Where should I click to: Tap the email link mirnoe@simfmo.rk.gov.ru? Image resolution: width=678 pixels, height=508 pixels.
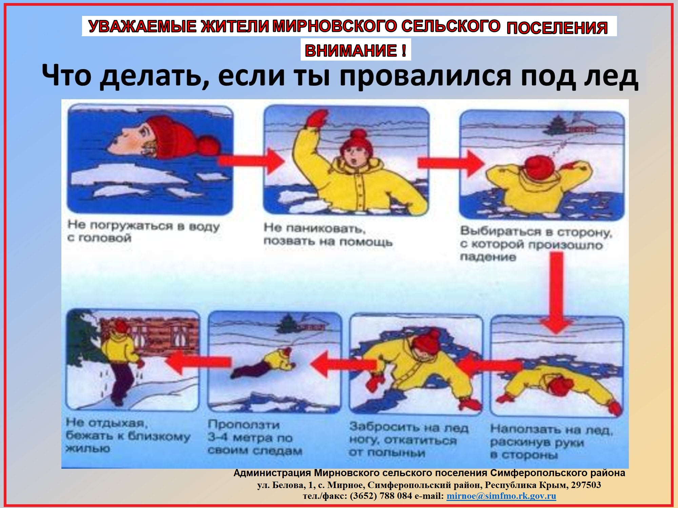501,496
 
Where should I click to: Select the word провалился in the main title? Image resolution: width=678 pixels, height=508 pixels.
425,76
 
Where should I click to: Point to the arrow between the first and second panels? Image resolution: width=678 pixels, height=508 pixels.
251,162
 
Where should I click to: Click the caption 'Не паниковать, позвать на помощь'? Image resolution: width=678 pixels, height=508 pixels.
328,234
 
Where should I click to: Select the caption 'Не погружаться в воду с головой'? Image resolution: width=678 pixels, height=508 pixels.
143,231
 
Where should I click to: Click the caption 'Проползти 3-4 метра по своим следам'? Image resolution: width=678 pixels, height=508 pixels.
255,438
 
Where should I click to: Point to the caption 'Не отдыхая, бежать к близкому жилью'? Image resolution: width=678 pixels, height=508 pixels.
128,436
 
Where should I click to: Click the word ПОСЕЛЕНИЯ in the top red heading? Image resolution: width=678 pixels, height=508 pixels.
557,28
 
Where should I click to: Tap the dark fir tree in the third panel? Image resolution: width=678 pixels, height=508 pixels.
556,126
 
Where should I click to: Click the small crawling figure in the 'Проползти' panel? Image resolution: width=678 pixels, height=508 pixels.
263,364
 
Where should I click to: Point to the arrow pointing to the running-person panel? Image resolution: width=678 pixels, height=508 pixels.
198,362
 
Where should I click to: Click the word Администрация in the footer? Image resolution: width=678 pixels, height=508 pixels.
272,473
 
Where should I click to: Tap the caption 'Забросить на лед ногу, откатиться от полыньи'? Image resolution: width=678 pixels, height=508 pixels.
408,440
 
